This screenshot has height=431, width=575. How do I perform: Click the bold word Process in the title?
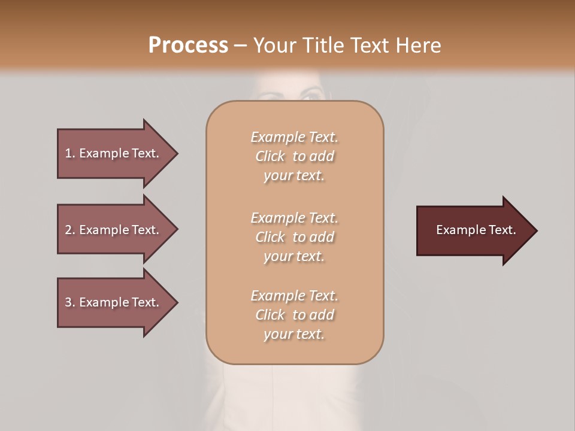click(188, 45)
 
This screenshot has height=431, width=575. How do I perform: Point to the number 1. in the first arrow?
click(69, 153)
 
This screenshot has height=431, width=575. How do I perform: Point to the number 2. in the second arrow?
click(69, 230)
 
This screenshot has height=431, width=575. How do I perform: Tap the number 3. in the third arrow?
click(69, 302)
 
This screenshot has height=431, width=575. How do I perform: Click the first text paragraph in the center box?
click(294, 156)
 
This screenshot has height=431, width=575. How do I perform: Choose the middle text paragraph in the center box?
click(294, 237)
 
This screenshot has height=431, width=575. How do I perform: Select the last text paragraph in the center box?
click(294, 315)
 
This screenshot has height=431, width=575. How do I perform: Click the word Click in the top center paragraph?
click(270, 156)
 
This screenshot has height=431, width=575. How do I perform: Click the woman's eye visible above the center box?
click(311, 94)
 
